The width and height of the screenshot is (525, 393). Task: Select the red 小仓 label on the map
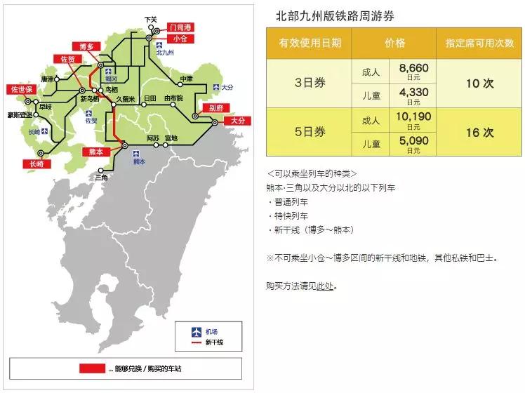(179, 39)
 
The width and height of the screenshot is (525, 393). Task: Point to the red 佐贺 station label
(68, 59)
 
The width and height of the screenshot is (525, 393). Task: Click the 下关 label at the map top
(151, 19)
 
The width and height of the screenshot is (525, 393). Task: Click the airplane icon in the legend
(197, 331)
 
